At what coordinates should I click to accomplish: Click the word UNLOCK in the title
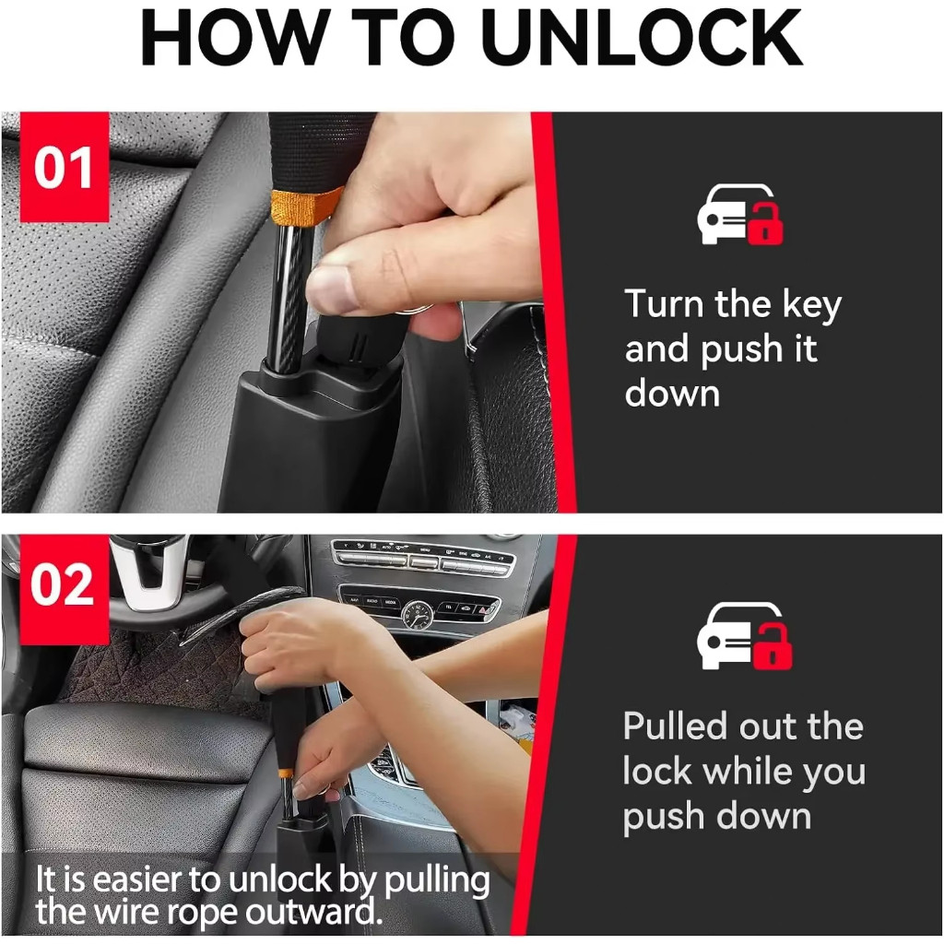pyautogui.click(x=641, y=37)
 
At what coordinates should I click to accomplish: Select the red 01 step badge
pyautogui.click(x=65, y=167)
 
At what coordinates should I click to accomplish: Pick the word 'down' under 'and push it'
pyautogui.click(x=672, y=395)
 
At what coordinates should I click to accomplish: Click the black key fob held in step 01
pyautogui.click(x=355, y=343)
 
